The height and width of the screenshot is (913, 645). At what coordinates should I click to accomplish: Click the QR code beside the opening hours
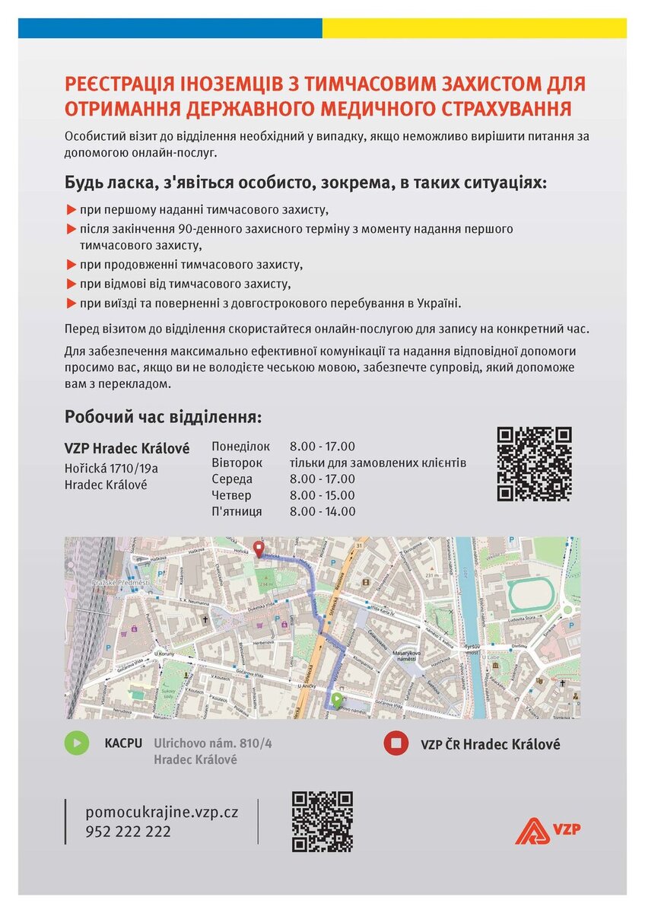[534, 464]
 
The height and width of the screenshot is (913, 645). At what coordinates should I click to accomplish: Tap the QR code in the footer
[322, 821]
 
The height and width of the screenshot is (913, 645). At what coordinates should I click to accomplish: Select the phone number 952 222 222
[129, 832]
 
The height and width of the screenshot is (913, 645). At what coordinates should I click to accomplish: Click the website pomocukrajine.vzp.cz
[162, 812]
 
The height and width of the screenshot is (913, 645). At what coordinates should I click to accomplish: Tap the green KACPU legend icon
[76, 743]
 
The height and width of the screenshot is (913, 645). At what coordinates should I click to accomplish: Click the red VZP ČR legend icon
[396, 743]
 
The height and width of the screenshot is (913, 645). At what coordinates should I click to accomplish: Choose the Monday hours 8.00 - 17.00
[322, 447]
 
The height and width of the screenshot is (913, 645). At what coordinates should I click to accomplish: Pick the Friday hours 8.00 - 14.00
[322, 511]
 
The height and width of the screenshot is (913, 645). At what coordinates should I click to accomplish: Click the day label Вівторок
[237, 463]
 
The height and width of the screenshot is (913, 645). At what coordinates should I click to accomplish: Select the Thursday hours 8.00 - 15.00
[322, 495]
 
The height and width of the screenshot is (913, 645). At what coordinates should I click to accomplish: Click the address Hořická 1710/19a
[111, 469]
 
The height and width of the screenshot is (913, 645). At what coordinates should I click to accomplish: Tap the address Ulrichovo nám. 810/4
[212, 743]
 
